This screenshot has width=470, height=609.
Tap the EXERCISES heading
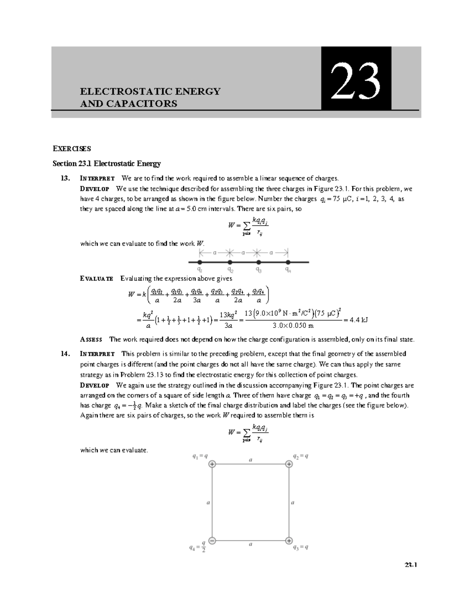coord(72,149)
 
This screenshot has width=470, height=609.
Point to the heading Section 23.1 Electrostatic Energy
coord(107,164)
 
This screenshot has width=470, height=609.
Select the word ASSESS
coord(91,339)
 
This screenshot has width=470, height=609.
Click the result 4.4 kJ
coord(359,320)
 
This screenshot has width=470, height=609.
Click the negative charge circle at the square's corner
coord(212,540)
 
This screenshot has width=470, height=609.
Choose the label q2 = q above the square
coord(300,456)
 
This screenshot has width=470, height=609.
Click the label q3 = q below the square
coord(300,548)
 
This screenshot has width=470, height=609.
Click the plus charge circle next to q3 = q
coord(289,540)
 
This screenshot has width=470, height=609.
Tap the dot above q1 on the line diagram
coord(200,262)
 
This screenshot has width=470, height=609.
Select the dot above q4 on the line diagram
coord(288,262)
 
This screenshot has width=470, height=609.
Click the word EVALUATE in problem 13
coord(97,278)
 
